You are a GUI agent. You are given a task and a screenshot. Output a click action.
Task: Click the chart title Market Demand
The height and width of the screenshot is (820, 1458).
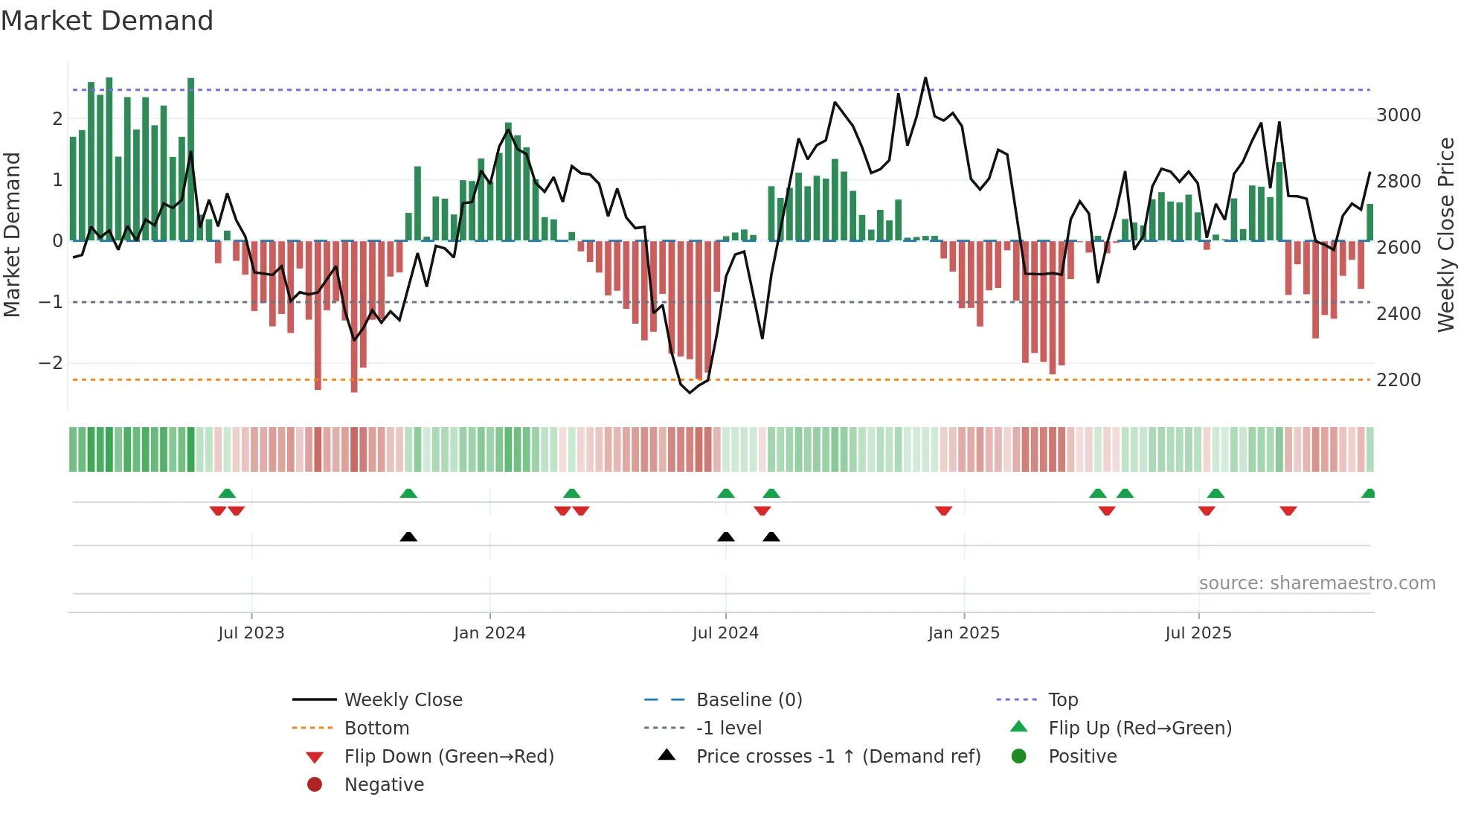pos(107,21)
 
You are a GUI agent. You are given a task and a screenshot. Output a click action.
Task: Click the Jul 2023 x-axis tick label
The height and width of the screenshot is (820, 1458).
pos(251,633)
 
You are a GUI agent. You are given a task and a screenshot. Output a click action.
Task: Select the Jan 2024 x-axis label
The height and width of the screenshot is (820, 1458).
pos(489,633)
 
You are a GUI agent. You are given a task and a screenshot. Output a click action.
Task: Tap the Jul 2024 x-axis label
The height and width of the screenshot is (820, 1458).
pos(725,633)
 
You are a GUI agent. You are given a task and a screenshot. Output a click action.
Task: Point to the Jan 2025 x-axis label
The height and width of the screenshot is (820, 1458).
pos(964,633)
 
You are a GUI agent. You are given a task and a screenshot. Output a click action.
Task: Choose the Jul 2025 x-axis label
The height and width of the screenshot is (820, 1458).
pos(1198,633)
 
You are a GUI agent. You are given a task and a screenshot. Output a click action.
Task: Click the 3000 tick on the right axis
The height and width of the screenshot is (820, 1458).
pos(1398,115)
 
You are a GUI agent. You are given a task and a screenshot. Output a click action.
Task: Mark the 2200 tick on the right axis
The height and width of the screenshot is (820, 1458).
pos(1398,380)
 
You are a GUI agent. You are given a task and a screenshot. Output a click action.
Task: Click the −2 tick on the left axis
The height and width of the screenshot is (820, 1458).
pos(51,363)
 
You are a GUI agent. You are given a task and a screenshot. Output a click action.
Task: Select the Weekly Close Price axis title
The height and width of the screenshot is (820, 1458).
pos(1445,234)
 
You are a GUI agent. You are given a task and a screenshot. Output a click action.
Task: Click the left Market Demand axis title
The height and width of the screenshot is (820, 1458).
pos(12,234)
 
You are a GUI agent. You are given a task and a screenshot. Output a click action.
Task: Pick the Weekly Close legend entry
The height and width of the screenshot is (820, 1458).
pos(403,700)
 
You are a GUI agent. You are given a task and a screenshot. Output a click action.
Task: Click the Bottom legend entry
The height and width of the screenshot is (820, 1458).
pos(376,728)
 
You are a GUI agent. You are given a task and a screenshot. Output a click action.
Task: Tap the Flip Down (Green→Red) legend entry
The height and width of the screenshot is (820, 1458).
pos(449,757)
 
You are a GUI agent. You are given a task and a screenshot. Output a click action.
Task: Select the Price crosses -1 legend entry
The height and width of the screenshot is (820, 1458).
pos(838,757)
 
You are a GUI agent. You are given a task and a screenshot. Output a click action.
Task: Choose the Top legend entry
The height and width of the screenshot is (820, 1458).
pos(1063,700)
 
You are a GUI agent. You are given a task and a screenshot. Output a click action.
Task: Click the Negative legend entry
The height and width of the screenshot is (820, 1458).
pos(384,785)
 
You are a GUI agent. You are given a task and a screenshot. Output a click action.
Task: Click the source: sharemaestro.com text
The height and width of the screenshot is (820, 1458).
pos(1317,583)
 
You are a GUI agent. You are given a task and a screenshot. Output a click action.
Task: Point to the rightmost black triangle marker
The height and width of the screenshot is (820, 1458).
pos(771,537)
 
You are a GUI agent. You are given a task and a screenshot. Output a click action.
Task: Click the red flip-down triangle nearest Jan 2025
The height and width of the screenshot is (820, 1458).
pos(944,510)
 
